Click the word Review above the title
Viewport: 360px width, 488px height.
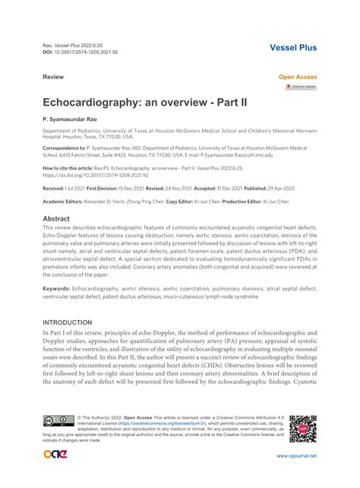(52, 78)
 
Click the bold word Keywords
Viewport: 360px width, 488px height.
(58, 289)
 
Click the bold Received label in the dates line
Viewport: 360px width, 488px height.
(54, 187)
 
